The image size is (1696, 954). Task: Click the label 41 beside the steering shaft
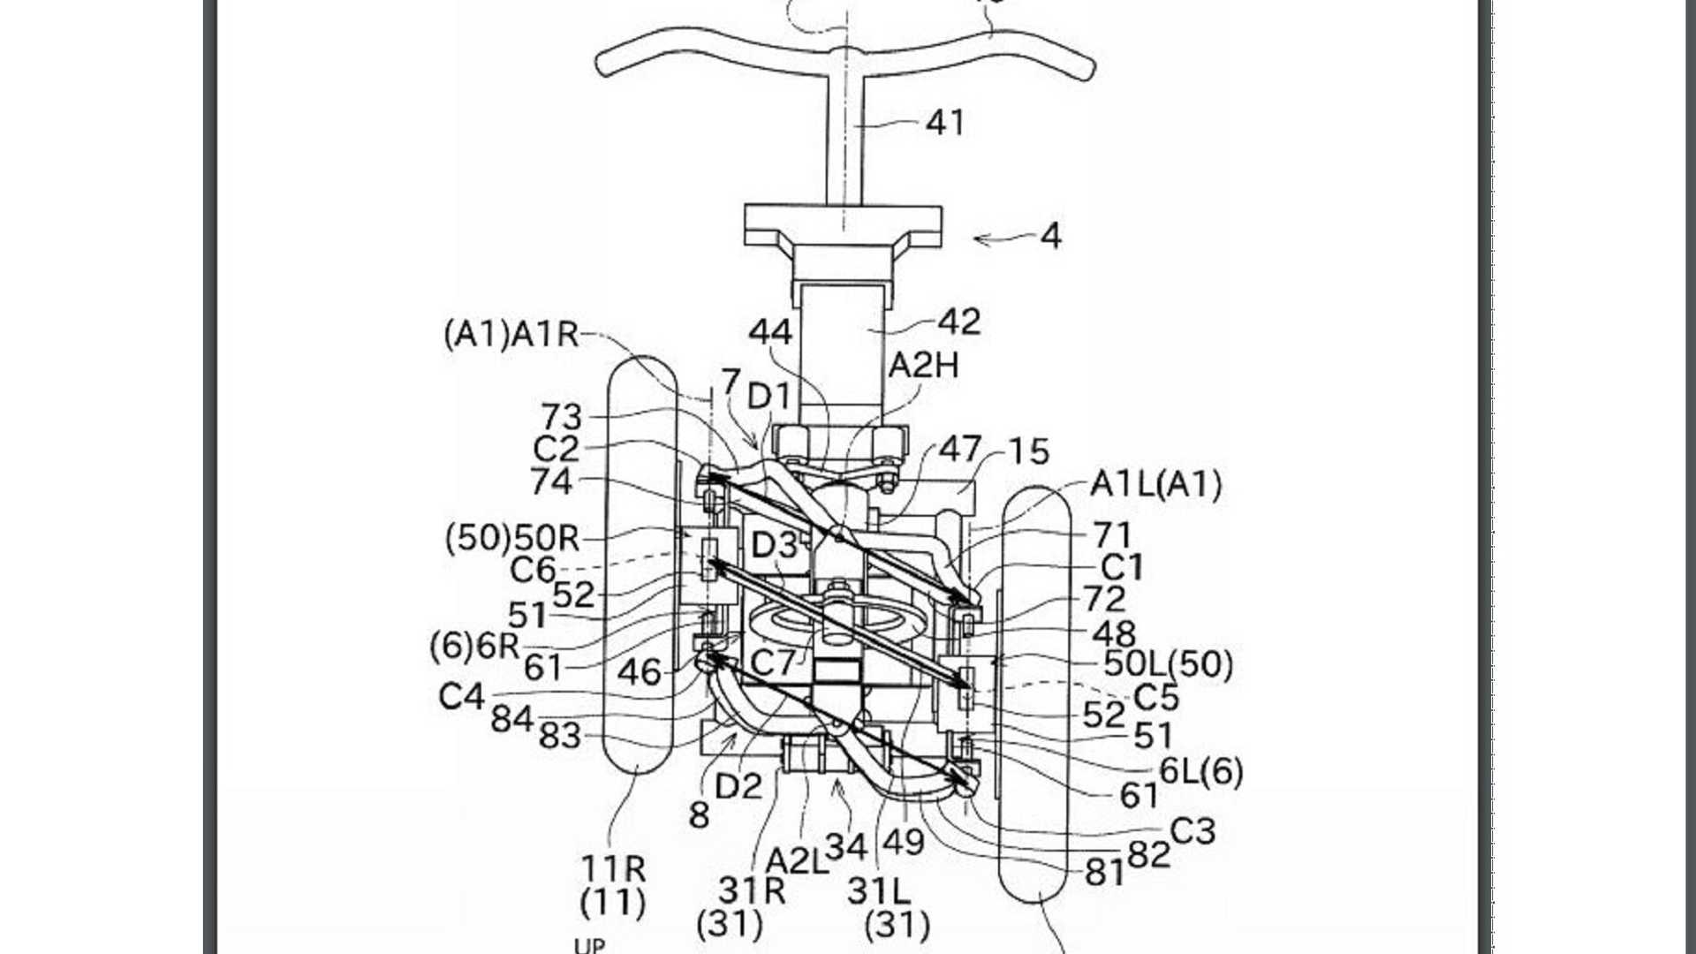(944, 123)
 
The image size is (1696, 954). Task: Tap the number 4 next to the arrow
(1050, 237)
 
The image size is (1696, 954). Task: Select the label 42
(959, 322)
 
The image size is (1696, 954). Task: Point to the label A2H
(923, 366)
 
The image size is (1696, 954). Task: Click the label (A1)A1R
(511, 335)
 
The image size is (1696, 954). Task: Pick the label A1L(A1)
(1156, 484)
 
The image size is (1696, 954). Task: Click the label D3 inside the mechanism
(774, 546)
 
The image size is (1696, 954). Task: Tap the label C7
(773, 662)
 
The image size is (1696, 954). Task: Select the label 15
(1028, 452)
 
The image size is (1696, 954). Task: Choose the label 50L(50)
(1168, 663)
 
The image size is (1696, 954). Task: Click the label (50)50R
(512, 538)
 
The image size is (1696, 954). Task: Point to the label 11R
(613, 869)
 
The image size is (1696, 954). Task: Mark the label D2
(738, 785)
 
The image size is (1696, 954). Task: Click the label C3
(1192, 831)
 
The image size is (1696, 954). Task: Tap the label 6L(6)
(1200, 771)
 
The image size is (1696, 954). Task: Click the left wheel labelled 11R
(640, 565)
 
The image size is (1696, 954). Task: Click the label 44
(770, 333)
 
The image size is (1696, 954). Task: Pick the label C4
(461, 697)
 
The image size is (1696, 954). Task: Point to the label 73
(562, 416)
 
